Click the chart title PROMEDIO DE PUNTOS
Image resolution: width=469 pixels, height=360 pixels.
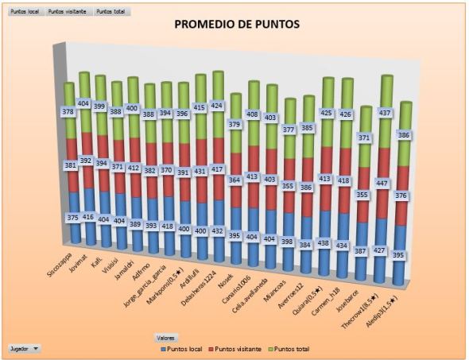[x=237, y=25]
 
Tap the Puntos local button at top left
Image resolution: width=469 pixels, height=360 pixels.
[x=25, y=13]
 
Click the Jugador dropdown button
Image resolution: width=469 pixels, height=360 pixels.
[x=25, y=348]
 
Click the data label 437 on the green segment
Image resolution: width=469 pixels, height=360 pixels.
[x=385, y=114]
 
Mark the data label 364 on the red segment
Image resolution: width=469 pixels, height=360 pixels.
[x=234, y=180]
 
